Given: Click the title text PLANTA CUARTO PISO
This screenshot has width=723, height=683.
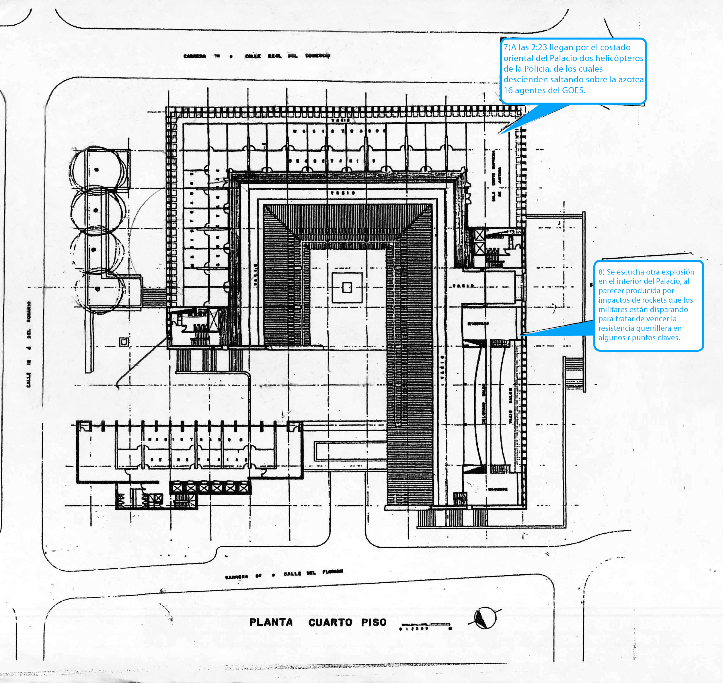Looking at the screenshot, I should [317, 622].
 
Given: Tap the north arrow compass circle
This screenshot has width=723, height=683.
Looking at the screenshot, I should [485, 618].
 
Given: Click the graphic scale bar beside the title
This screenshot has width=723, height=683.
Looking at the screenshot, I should [425, 625].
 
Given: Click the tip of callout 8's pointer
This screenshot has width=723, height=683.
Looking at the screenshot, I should [520, 334].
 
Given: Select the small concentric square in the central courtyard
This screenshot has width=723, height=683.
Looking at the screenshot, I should [347, 288].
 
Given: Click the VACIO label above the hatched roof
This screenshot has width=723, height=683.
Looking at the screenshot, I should [342, 193].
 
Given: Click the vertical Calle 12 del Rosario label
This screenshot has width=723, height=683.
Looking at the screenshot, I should [29, 344].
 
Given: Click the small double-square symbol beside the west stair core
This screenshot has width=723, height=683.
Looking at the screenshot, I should [124, 342].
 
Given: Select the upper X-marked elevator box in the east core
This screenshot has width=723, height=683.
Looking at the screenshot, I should [480, 235].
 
